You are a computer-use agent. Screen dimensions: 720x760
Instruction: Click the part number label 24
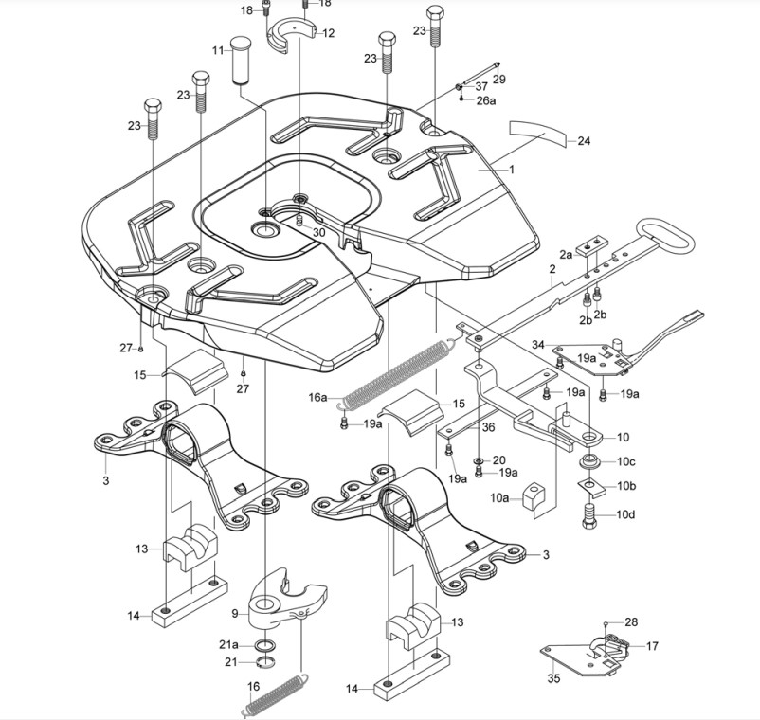(x=584, y=141)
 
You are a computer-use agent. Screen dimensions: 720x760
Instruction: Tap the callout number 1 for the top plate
(x=511, y=170)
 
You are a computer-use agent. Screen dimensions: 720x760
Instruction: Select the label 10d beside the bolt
(x=625, y=515)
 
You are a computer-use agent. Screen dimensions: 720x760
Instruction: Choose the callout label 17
(x=652, y=646)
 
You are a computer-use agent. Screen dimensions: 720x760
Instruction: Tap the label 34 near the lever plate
(x=537, y=344)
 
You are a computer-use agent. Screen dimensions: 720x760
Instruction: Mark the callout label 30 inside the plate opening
(x=318, y=233)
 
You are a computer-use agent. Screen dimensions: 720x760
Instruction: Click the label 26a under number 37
(x=486, y=100)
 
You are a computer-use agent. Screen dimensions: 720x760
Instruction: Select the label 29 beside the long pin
(x=499, y=80)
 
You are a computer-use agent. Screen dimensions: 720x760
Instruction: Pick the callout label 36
(x=487, y=427)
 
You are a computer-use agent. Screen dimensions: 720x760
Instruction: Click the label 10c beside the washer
(x=625, y=461)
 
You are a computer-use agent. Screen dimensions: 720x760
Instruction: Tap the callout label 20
(x=499, y=459)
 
